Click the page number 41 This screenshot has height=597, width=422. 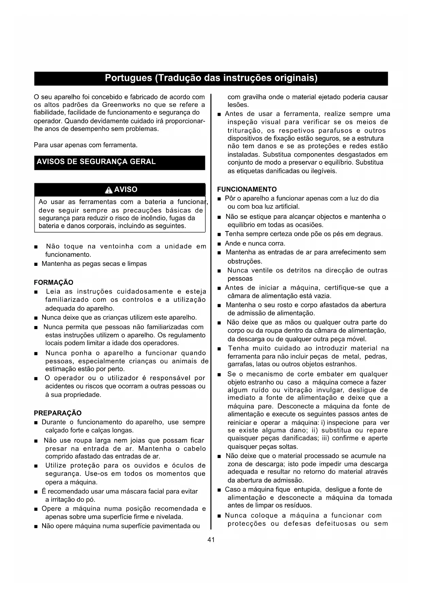pos(211,539)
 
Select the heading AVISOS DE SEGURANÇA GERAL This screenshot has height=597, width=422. pos(96,162)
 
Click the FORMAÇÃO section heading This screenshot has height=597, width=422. pos(53,283)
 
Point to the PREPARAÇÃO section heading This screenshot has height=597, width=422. pos(58,413)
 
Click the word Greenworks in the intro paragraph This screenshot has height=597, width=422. pos(118,105)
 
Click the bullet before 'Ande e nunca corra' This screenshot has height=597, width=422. pos(219,244)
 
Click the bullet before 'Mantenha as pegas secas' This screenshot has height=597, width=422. pos(36,264)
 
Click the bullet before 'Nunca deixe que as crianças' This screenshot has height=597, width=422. pos(36,318)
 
